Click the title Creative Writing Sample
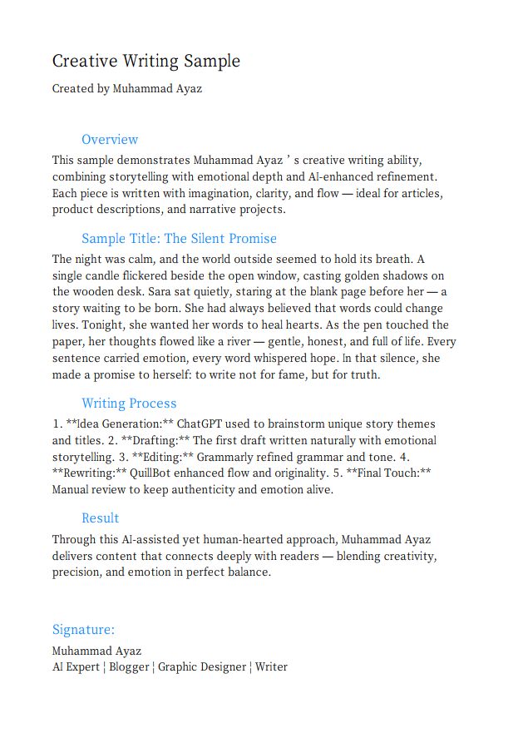coord(146,61)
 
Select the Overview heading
coord(110,139)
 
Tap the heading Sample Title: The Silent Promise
coord(179,238)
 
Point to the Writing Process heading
coord(129,404)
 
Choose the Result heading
coord(101,518)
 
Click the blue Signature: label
coord(83,629)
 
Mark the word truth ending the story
coord(363,374)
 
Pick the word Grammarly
coord(234,457)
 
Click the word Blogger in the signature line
coord(129,666)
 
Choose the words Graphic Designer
coord(202,666)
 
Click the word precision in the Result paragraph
coord(81,572)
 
